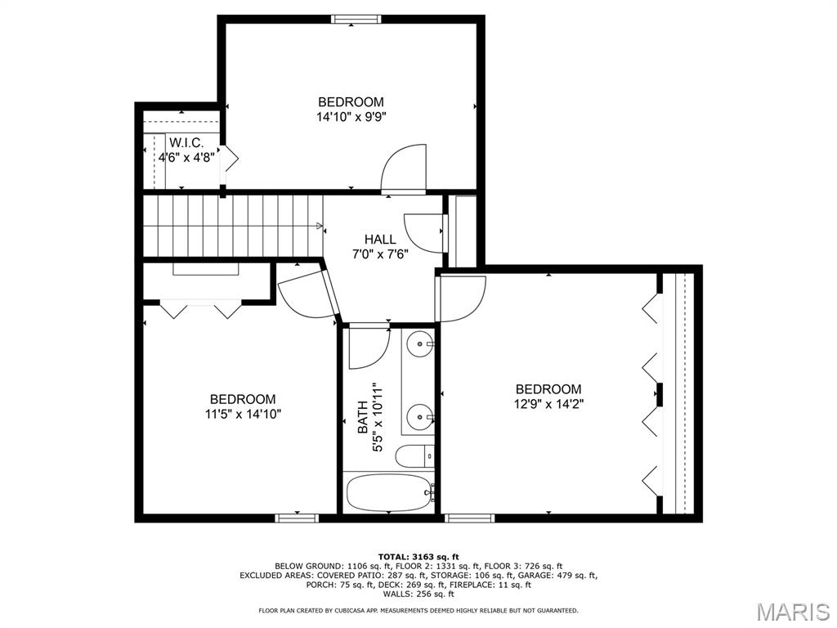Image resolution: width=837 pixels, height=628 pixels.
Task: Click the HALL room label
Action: click(380, 240)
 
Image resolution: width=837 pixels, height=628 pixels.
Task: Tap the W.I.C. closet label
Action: click(186, 142)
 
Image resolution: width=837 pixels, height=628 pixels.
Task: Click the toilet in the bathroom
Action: click(414, 455)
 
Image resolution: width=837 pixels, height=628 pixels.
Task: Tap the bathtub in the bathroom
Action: click(389, 493)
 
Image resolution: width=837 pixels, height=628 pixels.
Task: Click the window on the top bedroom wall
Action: click(356, 20)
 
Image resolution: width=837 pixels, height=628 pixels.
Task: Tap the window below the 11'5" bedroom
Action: click(297, 518)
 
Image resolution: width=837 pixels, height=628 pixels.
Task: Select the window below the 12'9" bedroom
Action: click(470, 518)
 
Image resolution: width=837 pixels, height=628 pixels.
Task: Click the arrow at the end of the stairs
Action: click(320, 226)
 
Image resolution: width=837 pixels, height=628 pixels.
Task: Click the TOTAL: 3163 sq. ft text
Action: click(418, 556)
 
